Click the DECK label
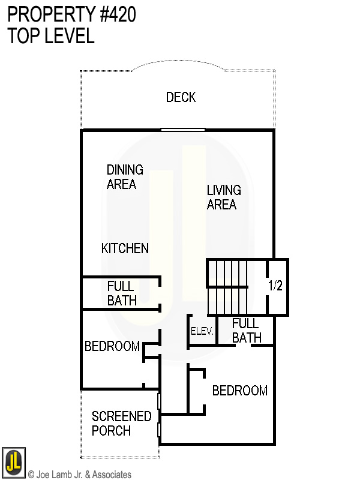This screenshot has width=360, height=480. point(181,97)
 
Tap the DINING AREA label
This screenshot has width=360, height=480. point(125,177)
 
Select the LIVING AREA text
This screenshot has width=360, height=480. point(224,197)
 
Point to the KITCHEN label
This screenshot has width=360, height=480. point(125,248)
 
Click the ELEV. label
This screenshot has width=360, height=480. point(202,331)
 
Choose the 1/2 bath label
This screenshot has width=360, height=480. point(275,286)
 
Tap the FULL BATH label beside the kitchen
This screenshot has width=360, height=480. point(122,293)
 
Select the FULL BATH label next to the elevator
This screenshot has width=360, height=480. point(246,331)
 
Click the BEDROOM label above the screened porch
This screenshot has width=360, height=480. point(112,346)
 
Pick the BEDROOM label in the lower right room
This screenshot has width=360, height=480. point(240,391)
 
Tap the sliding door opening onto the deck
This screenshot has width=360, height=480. point(183,129)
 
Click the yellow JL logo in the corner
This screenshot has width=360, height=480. point(13,462)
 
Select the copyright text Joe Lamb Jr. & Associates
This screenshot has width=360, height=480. point(79,475)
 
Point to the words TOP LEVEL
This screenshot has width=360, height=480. point(51,36)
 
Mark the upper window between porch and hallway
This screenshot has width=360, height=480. point(159,401)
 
